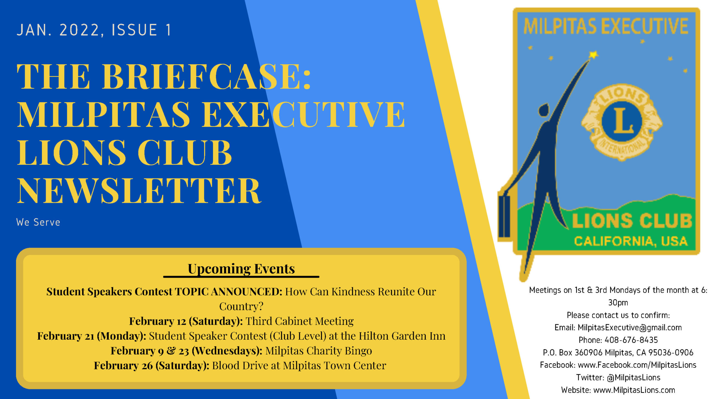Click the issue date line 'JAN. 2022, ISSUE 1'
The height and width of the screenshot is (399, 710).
[94, 30]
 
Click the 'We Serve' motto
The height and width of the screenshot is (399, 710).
[38, 222]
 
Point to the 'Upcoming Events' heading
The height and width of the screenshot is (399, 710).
[241, 269]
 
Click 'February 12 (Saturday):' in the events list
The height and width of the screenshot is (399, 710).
[186, 321]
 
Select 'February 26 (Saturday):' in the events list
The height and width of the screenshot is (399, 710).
[151, 365]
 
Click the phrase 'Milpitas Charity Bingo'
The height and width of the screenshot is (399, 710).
[319, 351]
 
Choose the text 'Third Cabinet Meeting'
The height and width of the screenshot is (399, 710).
[300, 321]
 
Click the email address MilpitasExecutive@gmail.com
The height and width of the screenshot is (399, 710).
[630, 328]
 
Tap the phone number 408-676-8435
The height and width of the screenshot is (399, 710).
[631, 340]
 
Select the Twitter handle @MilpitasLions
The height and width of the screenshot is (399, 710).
[633, 377]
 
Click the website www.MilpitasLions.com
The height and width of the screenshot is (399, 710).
[634, 390]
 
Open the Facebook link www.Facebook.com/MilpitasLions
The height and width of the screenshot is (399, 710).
[637, 365]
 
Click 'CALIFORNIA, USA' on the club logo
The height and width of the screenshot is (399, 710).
[631, 241]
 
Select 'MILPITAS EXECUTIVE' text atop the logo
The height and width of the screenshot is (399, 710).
[606, 26]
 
